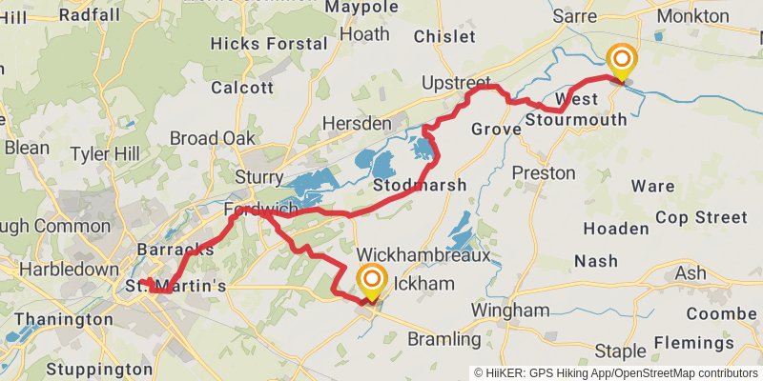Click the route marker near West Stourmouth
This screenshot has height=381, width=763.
tap(621, 63)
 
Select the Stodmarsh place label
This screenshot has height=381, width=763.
tap(421, 185)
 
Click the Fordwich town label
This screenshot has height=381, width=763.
tap(261, 210)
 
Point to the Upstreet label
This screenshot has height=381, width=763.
tap(456, 82)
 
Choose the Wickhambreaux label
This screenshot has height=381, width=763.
tap(423, 256)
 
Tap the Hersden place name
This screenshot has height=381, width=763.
tap(358, 124)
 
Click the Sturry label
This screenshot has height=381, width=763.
tap(259, 177)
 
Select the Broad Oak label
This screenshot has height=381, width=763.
tap(213, 138)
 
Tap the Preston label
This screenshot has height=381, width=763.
tap(544, 172)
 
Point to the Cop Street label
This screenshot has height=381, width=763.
tap(701, 217)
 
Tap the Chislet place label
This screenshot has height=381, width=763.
tap(444, 36)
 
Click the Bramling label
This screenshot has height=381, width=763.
tap(443, 339)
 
